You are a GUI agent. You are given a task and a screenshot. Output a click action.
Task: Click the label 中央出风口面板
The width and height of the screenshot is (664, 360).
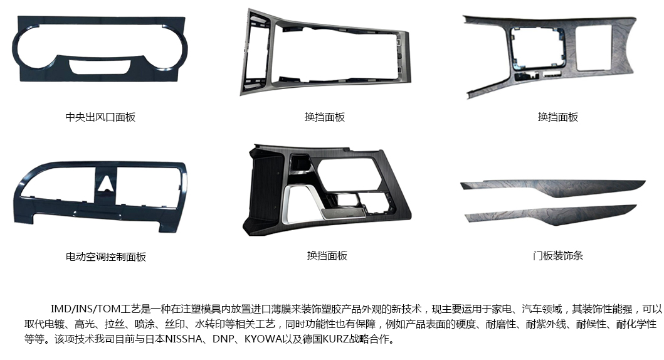(x=100, y=117)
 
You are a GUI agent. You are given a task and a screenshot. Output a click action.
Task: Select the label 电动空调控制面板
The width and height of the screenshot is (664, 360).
(x=106, y=257)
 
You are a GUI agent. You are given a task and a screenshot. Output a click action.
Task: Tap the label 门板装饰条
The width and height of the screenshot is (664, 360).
(x=558, y=255)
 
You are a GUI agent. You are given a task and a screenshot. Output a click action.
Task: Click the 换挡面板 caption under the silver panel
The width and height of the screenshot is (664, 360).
(x=325, y=117)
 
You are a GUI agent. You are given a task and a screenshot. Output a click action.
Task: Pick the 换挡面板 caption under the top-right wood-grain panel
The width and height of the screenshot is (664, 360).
(x=558, y=117)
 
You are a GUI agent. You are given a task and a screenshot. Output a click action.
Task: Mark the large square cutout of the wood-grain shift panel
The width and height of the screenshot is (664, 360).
(x=595, y=47)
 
